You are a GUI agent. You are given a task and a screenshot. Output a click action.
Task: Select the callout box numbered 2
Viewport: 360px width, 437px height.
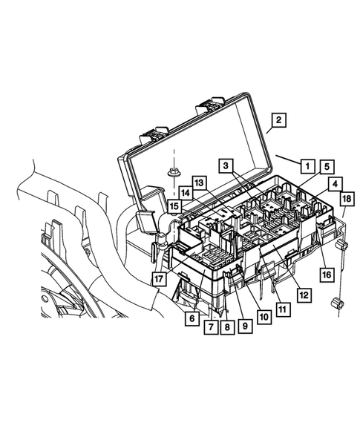coord(278,120)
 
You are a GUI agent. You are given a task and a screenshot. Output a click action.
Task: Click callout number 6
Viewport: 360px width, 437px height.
coord(192,317)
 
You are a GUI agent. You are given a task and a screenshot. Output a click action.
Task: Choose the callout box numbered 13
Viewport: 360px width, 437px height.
coord(198,183)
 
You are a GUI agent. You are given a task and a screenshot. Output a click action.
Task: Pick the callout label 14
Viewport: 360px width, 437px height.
coord(185,193)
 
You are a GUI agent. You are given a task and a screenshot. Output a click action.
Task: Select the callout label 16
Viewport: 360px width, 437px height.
coord(326,275)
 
